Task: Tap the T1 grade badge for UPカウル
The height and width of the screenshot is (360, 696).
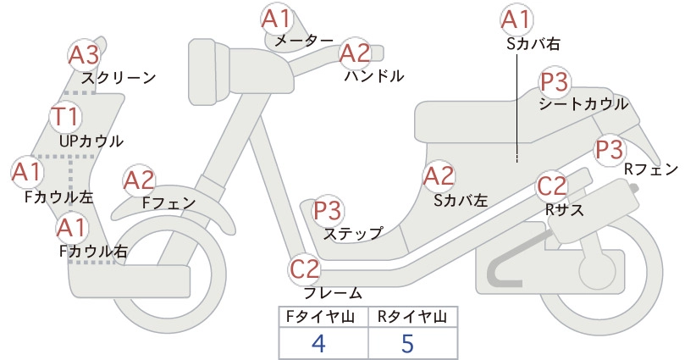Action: coord(65,116)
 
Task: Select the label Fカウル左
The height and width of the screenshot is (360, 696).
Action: coord(59,197)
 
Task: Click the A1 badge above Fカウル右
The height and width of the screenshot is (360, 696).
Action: coord(72,228)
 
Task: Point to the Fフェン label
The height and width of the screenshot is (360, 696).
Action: coord(169,202)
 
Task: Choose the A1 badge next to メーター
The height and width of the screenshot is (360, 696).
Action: coord(277,19)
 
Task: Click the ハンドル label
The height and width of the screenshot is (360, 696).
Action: coord(374,76)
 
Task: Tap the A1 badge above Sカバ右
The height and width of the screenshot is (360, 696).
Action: coord(516,20)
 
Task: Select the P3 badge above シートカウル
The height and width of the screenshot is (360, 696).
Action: coord(555,82)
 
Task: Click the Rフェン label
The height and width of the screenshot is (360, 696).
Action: coord(651,169)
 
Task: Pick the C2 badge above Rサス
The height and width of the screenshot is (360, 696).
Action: coord(552,186)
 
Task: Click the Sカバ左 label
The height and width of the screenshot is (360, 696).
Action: coord(461,200)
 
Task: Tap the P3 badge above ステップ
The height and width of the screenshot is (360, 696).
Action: coord(328,210)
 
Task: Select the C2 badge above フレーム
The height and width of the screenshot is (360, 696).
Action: coord(305,269)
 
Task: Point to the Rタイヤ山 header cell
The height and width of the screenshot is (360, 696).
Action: coord(413,317)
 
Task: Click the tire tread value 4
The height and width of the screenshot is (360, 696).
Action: coord(319,343)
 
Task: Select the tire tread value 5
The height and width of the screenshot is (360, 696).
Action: coord(407,343)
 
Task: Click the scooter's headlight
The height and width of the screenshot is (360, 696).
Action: coord(206,71)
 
